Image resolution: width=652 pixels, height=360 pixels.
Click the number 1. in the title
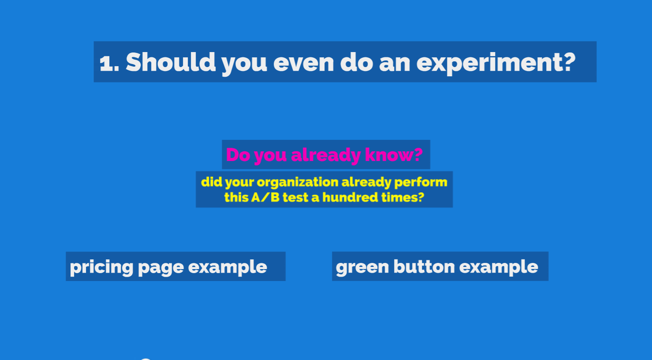(109, 63)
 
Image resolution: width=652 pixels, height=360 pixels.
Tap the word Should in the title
(171, 62)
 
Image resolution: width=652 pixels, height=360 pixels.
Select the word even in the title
(304, 63)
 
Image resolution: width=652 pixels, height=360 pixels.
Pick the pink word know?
(394, 155)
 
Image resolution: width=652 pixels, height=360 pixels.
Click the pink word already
(326, 156)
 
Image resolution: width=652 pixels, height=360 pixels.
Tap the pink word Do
(238, 155)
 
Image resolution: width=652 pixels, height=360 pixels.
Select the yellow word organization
(298, 183)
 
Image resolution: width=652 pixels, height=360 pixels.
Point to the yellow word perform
(421, 183)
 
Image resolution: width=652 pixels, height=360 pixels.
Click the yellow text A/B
(265, 198)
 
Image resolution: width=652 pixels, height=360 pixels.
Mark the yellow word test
(295, 198)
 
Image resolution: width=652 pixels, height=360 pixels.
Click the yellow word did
(212, 182)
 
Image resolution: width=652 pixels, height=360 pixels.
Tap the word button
(424, 266)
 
